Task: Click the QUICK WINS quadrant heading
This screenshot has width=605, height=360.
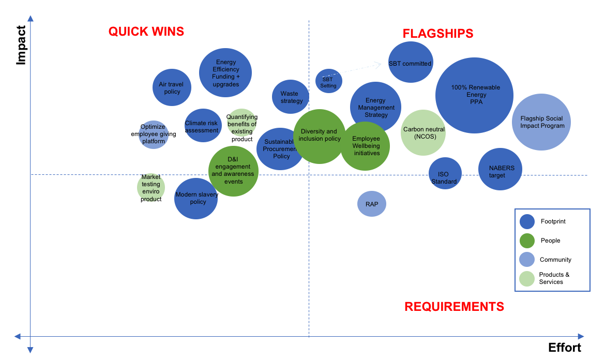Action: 146,32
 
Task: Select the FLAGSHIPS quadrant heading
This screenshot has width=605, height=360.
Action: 438,34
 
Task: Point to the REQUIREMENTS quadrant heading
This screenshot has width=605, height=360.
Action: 454,307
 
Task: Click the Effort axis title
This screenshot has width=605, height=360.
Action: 565,348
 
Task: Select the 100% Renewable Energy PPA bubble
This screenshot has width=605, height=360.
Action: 474,96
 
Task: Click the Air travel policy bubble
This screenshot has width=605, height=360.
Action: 172,87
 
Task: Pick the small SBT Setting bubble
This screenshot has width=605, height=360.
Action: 328,81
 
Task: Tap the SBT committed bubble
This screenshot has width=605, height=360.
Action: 411,63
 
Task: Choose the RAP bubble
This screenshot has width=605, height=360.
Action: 372,204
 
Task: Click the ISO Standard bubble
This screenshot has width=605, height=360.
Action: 445,173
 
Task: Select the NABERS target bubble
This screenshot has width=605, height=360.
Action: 500,169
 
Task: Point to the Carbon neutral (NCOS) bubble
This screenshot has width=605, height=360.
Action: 423,132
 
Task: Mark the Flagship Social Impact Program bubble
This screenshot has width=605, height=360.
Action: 541,122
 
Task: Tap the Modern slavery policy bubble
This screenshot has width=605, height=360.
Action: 196,199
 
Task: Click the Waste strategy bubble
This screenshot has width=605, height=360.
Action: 291,97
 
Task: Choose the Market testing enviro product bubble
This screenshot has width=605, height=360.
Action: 151,188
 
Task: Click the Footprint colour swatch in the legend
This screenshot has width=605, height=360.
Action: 527,221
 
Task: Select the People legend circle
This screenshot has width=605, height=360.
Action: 527,241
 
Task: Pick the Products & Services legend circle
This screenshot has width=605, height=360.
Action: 527,278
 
